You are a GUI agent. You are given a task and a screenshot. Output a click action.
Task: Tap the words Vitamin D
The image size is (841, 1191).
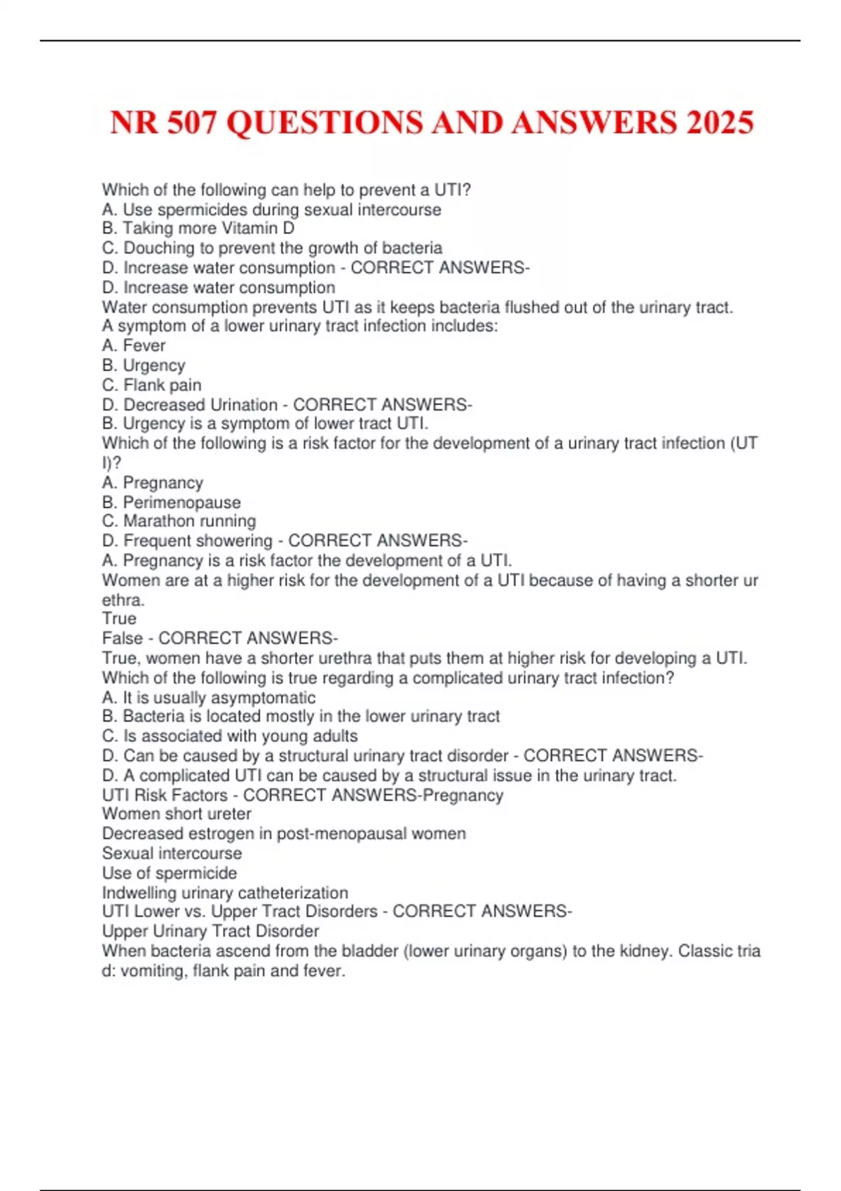click(258, 228)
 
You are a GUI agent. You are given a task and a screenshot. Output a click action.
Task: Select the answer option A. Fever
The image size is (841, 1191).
click(134, 345)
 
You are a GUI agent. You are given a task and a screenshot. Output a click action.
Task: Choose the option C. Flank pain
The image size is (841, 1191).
click(152, 385)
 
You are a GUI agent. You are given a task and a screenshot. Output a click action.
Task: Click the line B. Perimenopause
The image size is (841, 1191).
click(171, 502)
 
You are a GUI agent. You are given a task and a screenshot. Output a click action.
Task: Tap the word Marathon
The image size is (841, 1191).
click(156, 521)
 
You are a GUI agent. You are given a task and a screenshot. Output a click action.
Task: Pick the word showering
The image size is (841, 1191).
click(234, 540)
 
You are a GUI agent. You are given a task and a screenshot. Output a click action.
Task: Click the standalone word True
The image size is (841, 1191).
click(119, 618)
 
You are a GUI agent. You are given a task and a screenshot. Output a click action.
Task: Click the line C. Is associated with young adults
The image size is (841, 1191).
click(230, 736)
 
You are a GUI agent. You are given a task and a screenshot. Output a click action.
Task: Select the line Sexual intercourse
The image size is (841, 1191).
click(172, 853)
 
